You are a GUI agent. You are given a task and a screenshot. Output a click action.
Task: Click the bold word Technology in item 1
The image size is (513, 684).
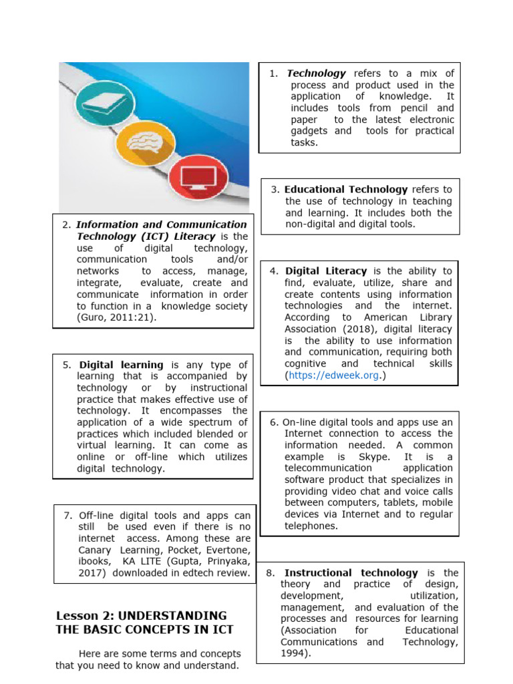pyautogui.click(x=316, y=73)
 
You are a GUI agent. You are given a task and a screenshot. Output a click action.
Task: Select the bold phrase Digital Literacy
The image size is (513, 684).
pyautogui.click(x=326, y=271)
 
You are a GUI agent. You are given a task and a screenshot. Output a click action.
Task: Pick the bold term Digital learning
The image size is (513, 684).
pyautogui.click(x=121, y=365)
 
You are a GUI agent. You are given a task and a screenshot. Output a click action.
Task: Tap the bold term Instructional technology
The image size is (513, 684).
pyautogui.click(x=351, y=572)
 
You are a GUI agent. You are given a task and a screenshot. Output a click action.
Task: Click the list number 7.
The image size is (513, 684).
pyautogui.click(x=67, y=515)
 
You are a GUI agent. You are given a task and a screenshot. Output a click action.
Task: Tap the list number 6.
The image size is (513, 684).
pyautogui.click(x=274, y=422)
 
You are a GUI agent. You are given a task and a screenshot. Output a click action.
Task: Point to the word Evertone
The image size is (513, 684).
pyautogui.click(x=230, y=550)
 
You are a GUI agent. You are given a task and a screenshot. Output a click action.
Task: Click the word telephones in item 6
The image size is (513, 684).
pyautogui.click(x=310, y=526)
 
